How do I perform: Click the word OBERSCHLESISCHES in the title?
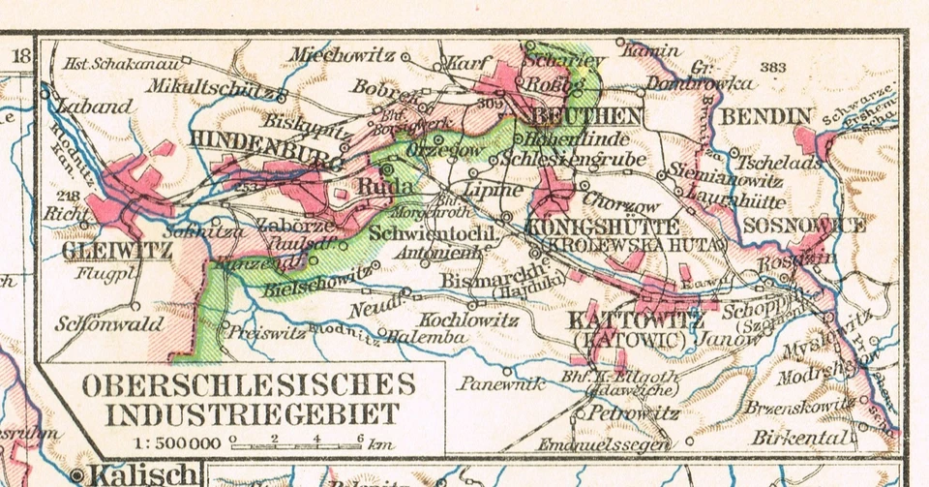[249, 383]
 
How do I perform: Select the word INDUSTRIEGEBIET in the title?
[252, 414]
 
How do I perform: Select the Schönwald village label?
[108, 324]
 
